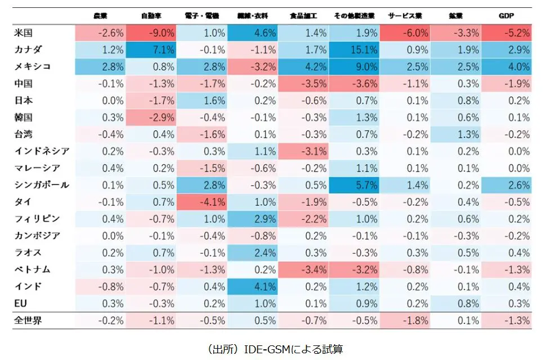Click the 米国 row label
(x=24, y=33)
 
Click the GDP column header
(x=507, y=16)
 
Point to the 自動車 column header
(x=153, y=16)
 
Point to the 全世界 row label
(x=28, y=321)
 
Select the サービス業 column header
(x=405, y=16)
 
